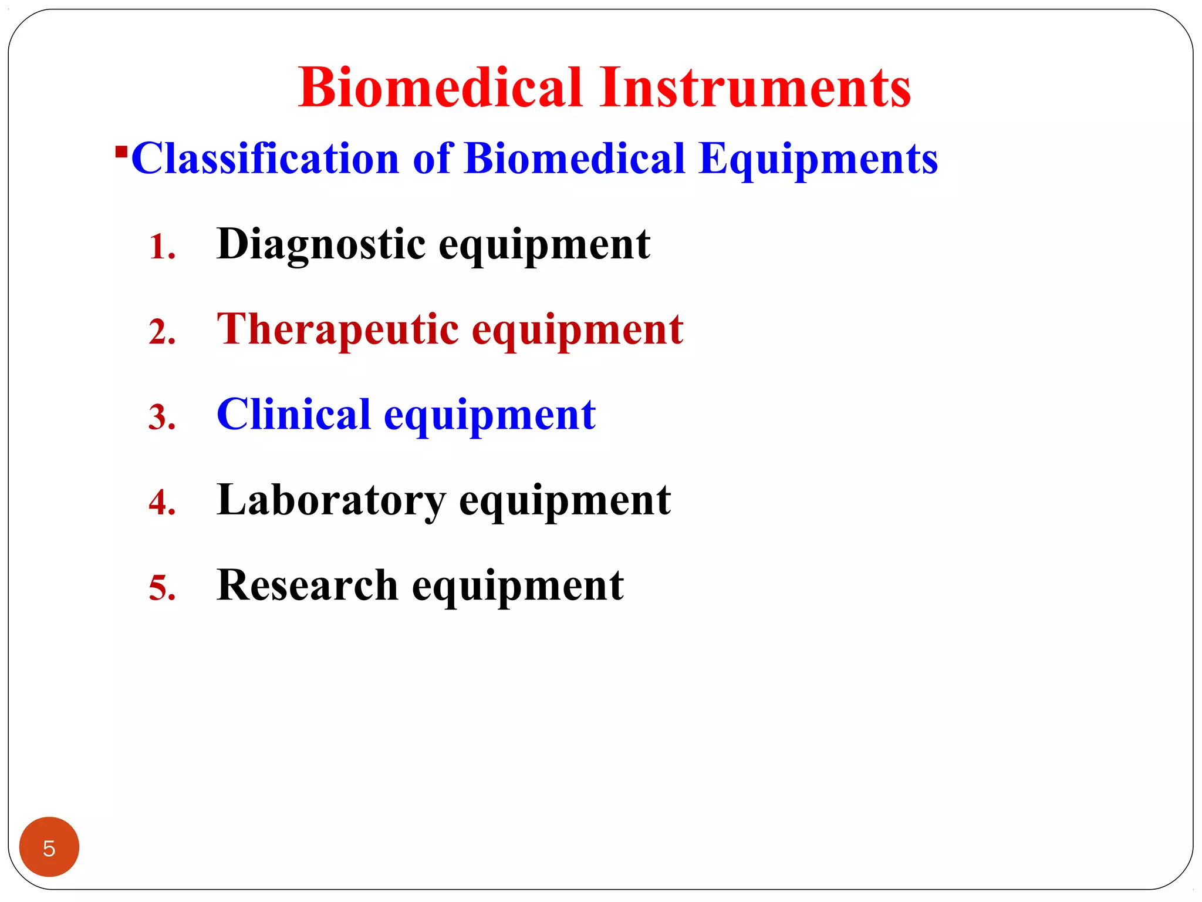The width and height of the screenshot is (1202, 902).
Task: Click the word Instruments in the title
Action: (755, 88)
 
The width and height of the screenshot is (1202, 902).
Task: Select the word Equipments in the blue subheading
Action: (818, 159)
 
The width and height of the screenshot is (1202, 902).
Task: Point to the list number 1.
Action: (162, 247)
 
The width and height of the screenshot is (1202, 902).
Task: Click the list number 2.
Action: (162, 332)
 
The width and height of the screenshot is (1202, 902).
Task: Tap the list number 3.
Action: (162, 417)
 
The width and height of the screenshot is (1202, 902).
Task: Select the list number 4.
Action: (162, 503)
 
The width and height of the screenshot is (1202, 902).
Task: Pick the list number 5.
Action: (162, 588)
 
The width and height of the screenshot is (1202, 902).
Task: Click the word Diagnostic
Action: (320, 244)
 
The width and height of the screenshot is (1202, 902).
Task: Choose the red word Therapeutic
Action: (337, 329)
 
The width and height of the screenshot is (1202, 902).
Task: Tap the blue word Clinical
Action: (293, 415)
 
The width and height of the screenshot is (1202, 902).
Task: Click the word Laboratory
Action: (331, 500)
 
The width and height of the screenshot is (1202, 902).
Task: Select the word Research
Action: (308, 585)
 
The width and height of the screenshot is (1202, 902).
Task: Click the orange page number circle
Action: (49, 847)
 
